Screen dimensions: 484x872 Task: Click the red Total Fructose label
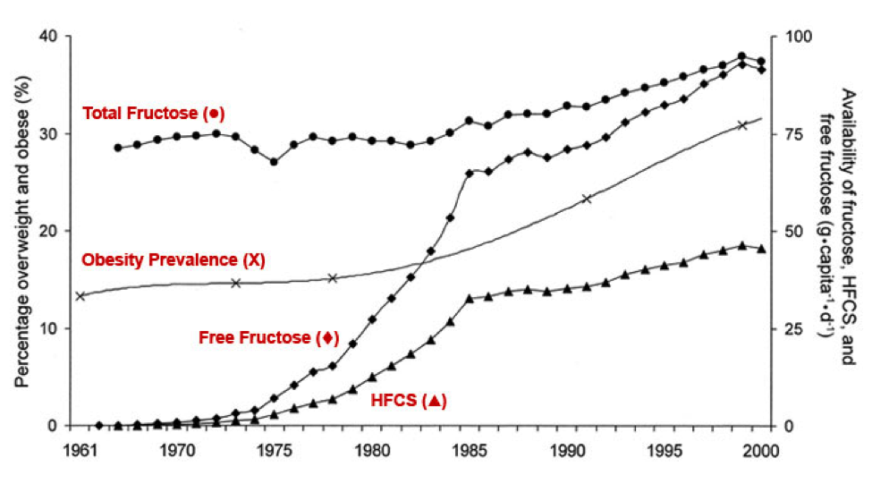click(152, 113)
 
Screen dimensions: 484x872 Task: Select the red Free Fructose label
click(268, 337)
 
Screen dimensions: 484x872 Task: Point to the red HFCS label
click(408, 401)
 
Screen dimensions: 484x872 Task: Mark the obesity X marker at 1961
click(80, 296)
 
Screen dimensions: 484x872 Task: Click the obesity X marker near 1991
click(588, 199)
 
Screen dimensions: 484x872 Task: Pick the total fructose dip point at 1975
click(274, 162)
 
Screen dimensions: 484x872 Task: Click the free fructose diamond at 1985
click(470, 173)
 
